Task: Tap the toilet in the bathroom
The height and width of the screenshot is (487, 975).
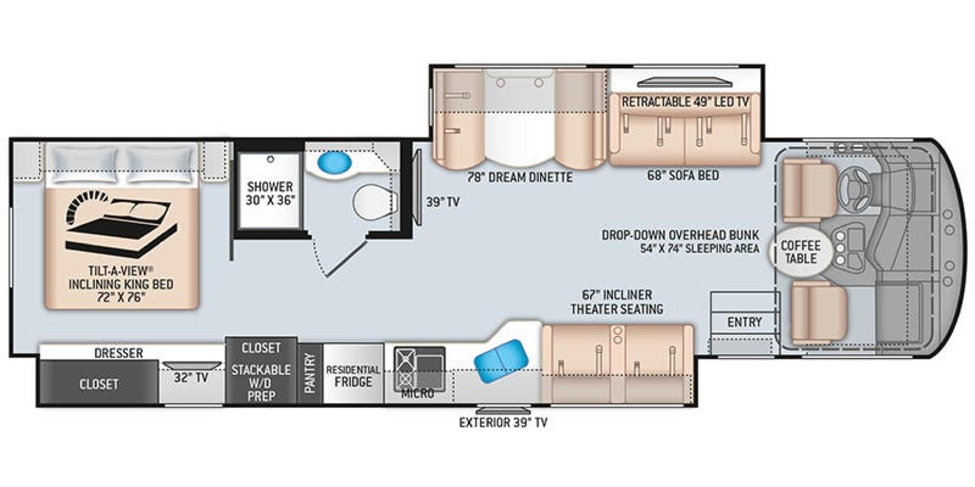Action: point(374,202)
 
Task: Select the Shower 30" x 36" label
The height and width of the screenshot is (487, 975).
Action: point(270,193)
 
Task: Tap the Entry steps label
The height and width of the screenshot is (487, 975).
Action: point(744,322)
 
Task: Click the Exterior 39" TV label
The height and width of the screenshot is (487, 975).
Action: point(503,422)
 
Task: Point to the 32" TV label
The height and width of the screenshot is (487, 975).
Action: point(191,377)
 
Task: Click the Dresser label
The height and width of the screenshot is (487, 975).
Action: point(119,353)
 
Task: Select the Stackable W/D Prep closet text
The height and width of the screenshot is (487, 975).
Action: point(261,383)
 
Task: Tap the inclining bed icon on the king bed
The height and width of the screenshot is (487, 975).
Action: point(120,225)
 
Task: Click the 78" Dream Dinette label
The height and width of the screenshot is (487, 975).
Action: point(519,177)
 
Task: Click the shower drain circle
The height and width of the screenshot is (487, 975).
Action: point(270,160)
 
